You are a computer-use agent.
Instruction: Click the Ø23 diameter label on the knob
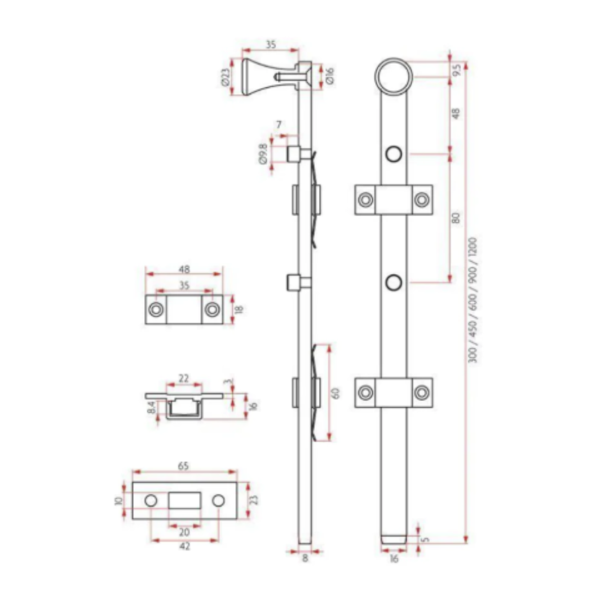(x=226, y=77)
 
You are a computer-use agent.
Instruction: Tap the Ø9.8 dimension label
(x=263, y=153)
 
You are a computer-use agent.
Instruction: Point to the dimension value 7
(x=279, y=125)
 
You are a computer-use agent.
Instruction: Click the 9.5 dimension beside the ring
(x=457, y=69)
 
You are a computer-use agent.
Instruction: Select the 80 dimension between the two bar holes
(x=456, y=217)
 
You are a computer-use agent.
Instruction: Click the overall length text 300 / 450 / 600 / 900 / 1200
(x=473, y=299)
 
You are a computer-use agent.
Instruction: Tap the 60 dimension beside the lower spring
(x=337, y=392)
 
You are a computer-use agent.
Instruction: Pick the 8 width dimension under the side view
(x=305, y=559)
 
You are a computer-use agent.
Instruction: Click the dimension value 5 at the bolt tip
(x=426, y=539)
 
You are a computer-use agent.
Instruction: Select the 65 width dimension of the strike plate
(x=184, y=466)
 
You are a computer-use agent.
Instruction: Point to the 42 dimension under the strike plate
(x=184, y=546)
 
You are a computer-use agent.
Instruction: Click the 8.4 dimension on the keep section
(x=152, y=408)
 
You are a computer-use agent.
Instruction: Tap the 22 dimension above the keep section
(x=184, y=379)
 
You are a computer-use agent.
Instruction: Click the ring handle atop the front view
(x=394, y=76)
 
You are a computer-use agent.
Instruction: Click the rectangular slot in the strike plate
(x=185, y=501)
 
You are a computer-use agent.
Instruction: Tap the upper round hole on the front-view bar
(x=394, y=153)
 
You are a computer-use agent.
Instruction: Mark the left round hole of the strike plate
(x=151, y=501)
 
